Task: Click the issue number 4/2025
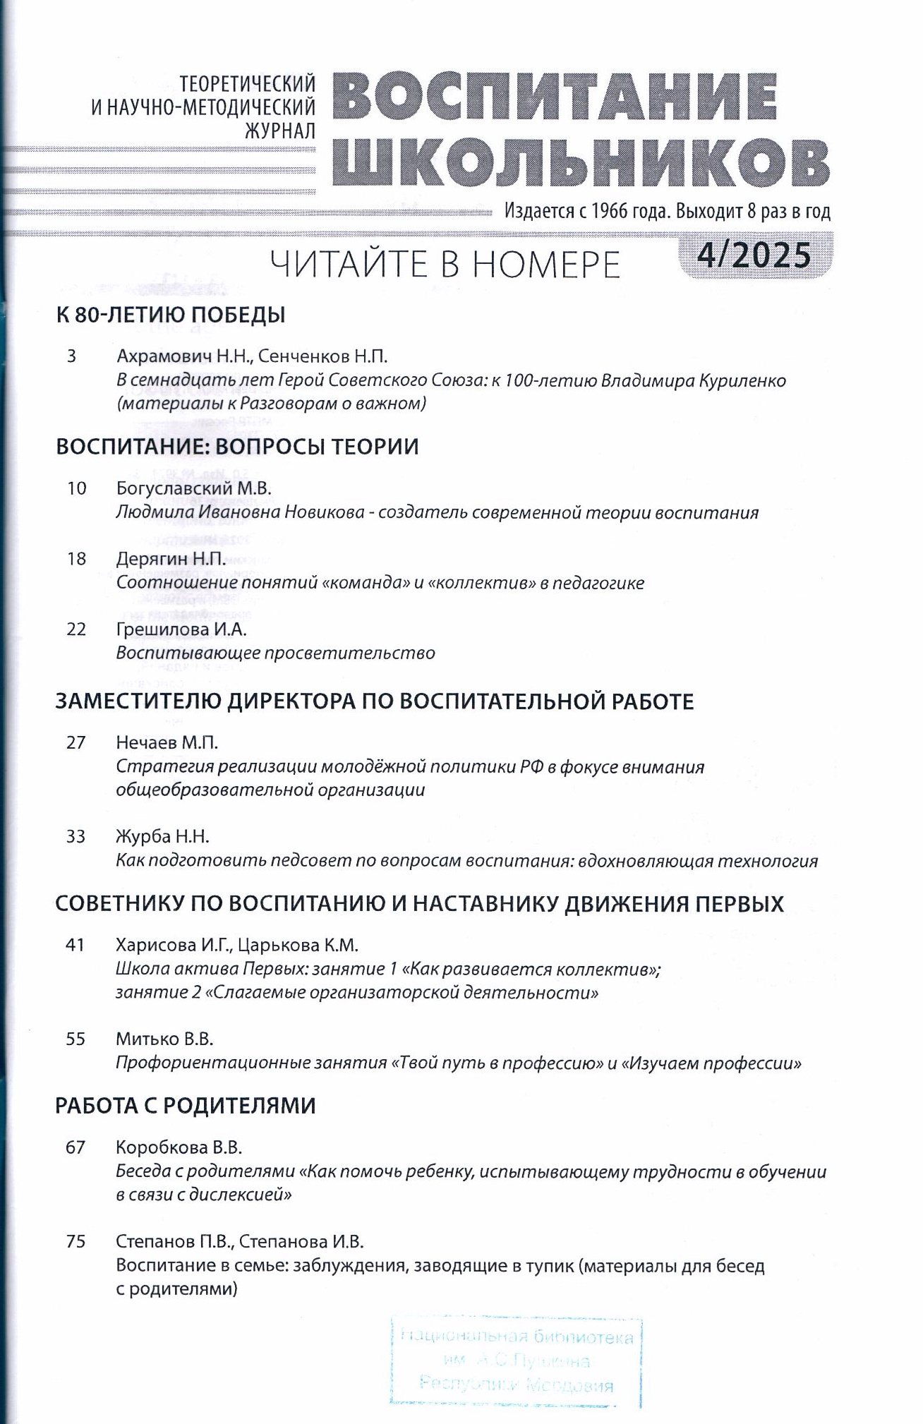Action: tap(754, 255)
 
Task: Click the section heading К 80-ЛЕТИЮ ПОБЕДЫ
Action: tap(171, 315)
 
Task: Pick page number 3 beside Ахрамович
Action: tap(71, 356)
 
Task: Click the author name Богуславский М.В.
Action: tap(193, 488)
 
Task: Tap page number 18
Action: tap(76, 559)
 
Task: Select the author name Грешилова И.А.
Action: tap(181, 629)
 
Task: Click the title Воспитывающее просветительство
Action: tap(275, 653)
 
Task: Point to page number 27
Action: tap(76, 742)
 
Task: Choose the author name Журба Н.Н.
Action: tap(163, 837)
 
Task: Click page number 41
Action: tap(75, 945)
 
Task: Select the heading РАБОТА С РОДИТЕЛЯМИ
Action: tap(185, 1106)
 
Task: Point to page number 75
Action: tap(76, 1241)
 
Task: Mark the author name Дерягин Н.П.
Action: tap(171, 559)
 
